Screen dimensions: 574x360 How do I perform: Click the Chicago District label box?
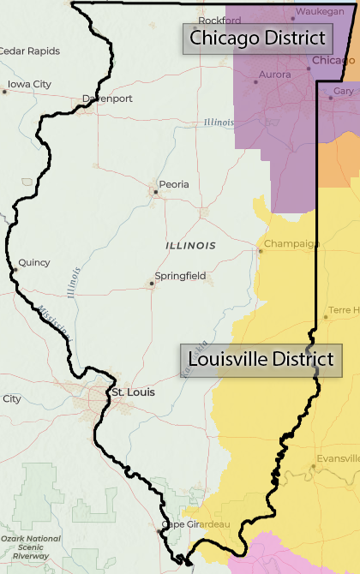tap(258, 39)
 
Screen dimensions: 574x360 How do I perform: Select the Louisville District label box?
tap(261, 361)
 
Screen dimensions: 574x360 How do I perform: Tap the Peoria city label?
tap(173, 184)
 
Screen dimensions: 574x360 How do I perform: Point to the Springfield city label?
tap(180, 276)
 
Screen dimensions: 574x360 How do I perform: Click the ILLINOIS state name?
tap(190, 246)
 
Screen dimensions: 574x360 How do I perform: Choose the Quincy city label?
tap(34, 262)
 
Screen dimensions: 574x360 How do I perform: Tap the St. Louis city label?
tap(134, 392)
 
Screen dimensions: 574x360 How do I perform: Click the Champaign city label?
tap(291, 244)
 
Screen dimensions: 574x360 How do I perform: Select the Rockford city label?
tap(214, 20)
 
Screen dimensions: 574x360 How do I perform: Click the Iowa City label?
tap(29, 84)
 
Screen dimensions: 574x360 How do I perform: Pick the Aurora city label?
tap(273, 74)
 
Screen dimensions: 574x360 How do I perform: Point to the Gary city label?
tap(344, 91)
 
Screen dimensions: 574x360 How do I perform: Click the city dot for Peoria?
tap(155, 192)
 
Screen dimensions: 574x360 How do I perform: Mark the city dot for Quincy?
tap(15, 270)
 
